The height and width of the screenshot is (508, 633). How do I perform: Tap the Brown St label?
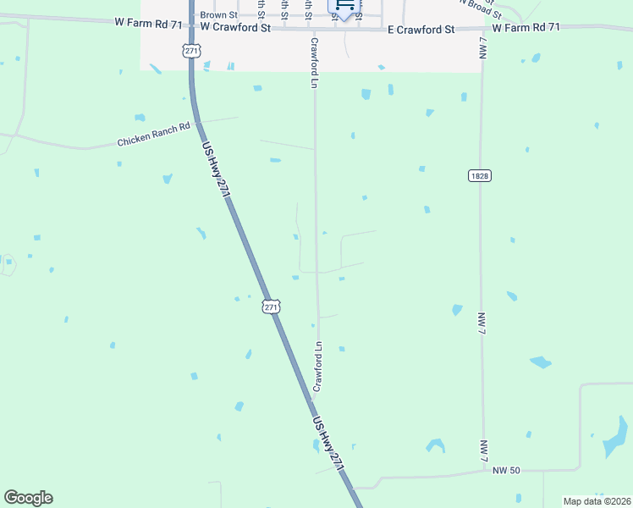pyautogui.click(x=218, y=15)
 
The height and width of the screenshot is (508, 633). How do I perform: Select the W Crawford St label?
pyautogui.click(x=235, y=28)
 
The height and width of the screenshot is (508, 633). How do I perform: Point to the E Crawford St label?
pyautogui.click(x=421, y=29)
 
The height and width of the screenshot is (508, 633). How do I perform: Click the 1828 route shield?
pyautogui.click(x=478, y=175)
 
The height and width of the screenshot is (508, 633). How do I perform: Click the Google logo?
pyautogui.click(x=28, y=498)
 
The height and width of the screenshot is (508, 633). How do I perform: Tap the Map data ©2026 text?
pyautogui.click(x=597, y=501)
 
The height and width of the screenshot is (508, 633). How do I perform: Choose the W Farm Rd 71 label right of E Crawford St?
pyautogui.click(x=526, y=28)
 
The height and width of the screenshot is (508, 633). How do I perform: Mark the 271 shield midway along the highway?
pyautogui.click(x=271, y=307)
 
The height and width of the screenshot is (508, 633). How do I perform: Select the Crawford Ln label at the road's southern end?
pyautogui.click(x=319, y=366)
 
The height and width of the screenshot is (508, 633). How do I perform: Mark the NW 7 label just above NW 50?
pyautogui.click(x=484, y=450)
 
